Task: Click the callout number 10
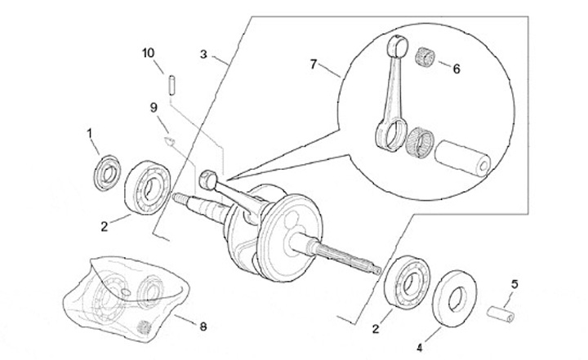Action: [148, 53]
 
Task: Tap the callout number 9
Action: [154, 108]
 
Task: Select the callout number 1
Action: [89, 134]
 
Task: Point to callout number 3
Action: [203, 55]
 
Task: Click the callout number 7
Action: [314, 64]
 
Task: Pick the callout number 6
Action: [456, 69]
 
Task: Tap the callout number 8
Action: [203, 327]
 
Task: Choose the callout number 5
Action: [514, 284]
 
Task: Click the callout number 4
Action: [419, 348]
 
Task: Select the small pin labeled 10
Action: [171, 86]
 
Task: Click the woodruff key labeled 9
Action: [170, 141]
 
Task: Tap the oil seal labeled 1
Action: [107, 172]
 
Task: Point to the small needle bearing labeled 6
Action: [425, 56]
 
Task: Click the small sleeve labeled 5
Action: [501, 314]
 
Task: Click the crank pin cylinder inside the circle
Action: [463, 158]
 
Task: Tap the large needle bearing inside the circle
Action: [420, 141]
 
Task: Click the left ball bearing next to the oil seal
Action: [148, 186]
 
